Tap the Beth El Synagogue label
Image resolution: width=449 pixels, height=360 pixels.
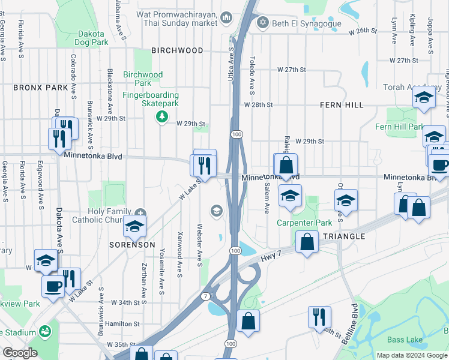pos(307,23)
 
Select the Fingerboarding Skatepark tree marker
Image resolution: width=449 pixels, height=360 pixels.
pos(161,116)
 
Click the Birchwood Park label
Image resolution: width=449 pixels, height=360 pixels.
pos(143,79)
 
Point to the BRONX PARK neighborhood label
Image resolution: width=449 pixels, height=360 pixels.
pos(41,88)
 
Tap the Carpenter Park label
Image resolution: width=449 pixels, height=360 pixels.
pos(304,223)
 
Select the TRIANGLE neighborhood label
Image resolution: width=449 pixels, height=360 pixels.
pos(344,236)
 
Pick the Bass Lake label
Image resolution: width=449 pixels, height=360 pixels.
pos(405,340)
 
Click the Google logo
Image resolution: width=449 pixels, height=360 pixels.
pos(20,353)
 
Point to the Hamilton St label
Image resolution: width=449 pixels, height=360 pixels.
pos(122,323)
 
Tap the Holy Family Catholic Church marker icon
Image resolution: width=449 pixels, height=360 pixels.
pos(140,212)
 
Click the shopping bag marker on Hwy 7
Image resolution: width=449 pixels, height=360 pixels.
pos(307,243)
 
